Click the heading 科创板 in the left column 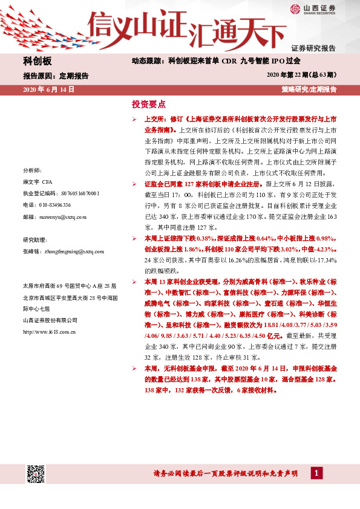point(38,62)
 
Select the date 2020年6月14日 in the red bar point(48,89)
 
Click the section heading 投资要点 point(148,103)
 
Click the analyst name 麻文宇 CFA point(38,181)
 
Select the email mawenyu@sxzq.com point(59,216)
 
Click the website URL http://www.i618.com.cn point(48,332)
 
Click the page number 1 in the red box point(316,473)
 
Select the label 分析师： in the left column point(31,170)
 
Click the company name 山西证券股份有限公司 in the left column point(50,320)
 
